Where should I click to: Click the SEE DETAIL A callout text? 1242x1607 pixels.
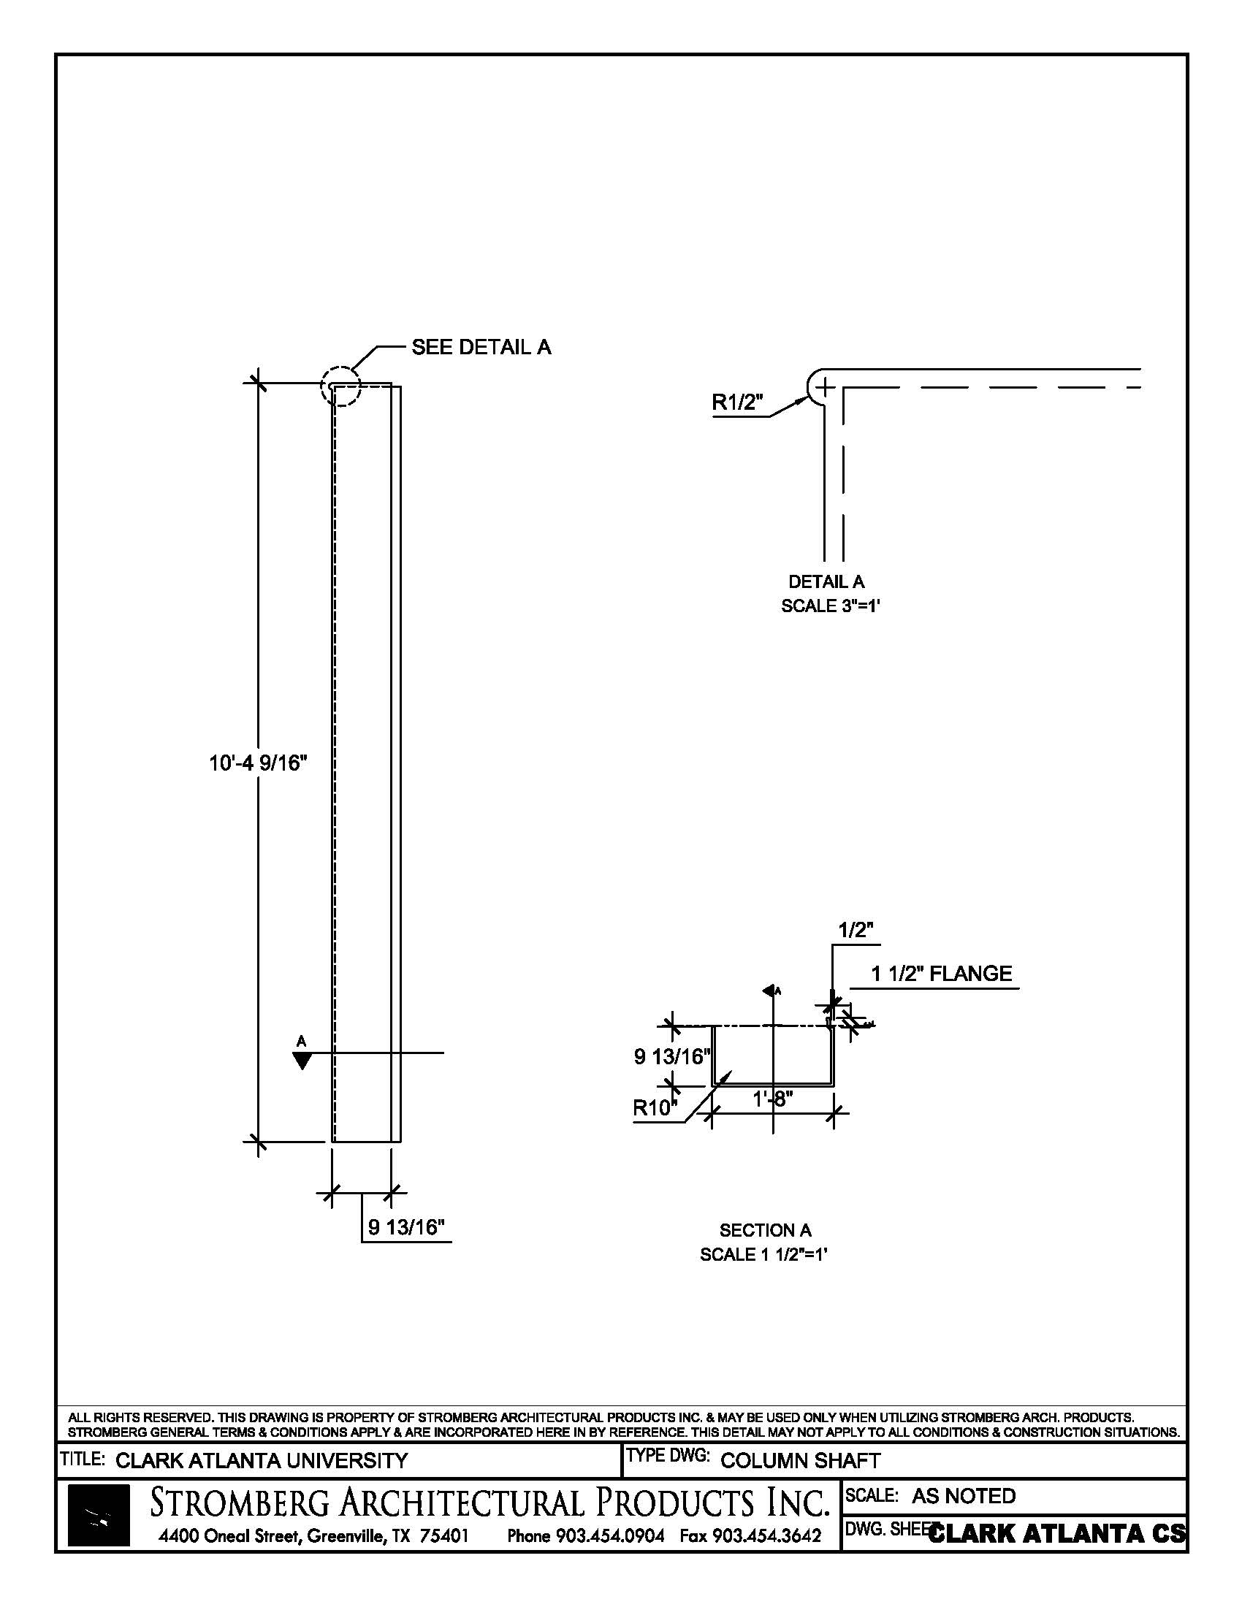(481, 347)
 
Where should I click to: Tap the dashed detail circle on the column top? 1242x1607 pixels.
(340, 386)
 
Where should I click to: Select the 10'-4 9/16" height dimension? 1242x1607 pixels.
(257, 763)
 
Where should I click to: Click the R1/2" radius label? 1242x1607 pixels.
(737, 402)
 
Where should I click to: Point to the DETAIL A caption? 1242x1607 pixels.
(826, 582)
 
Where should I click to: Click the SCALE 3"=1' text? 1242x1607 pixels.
(831, 606)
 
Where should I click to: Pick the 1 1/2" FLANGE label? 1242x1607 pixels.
(941, 974)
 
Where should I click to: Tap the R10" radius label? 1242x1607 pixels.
(654, 1108)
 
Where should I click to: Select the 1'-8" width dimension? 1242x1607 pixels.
(772, 1099)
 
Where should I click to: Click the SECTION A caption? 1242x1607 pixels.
(765, 1230)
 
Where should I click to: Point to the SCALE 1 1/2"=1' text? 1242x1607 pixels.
(763, 1254)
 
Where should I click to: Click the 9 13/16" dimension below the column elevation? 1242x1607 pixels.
(407, 1227)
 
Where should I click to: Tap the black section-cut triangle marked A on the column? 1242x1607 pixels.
(302, 1061)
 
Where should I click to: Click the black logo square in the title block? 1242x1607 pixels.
(99, 1516)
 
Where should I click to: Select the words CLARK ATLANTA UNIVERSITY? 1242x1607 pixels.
(262, 1461)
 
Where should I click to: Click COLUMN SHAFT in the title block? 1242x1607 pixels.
(800, 1461)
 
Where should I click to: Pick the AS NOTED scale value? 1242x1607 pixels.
(963, 1496)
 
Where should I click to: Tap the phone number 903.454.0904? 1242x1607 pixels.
(610, 1536)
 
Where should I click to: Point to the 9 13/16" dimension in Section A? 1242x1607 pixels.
(671, 1058)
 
